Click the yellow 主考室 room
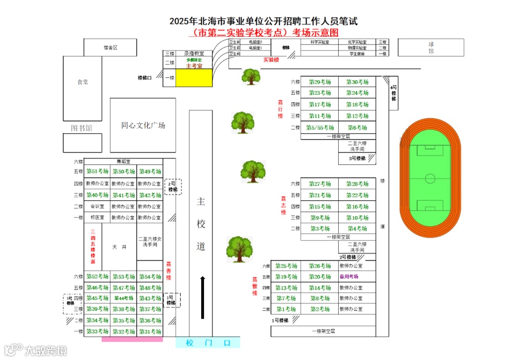(194, 78)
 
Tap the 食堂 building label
(83, 82)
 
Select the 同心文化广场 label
(143, 125)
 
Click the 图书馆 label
(82, 128)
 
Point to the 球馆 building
(431, 47)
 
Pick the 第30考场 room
(357, 82)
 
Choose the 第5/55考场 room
(320, 128)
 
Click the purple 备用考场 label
(349, 277)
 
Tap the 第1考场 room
(286, 309)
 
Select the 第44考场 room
(123, 298)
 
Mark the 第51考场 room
(97, 172)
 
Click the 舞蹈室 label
(123, 162)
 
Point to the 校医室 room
(97, 218)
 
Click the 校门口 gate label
(208, 343)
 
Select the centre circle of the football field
(430, 179)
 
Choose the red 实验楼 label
(271, 60)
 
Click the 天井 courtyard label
(119, 247)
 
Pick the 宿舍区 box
(110, 47)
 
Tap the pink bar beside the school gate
(132, 339)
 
